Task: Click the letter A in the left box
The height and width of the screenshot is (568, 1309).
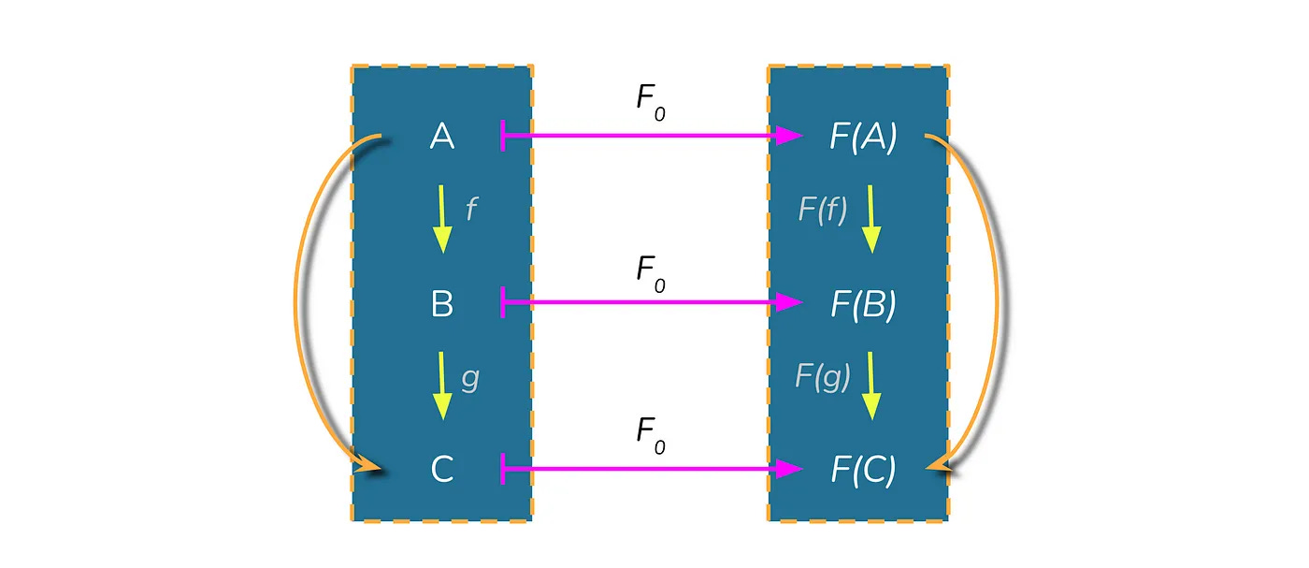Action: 441,137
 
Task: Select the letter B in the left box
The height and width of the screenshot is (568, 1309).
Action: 441,303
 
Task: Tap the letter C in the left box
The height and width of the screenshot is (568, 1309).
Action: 441,469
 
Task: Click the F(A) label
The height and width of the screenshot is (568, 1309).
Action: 863,137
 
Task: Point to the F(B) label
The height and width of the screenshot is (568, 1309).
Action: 863,304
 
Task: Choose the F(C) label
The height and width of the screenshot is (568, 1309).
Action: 863,470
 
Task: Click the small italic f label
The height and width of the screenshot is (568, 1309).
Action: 471,209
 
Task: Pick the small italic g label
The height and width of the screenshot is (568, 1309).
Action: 470,380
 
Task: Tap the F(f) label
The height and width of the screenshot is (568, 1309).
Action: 823,210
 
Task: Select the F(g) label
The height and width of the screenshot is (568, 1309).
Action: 823,376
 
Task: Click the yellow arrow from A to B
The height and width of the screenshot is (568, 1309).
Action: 442,219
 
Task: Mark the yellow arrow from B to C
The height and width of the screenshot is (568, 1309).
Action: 442,386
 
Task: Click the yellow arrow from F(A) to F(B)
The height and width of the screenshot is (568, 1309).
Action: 871,219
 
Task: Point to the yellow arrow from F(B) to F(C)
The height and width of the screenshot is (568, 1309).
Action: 871,386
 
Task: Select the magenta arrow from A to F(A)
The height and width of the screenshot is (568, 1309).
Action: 652,136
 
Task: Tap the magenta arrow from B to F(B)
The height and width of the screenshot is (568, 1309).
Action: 652,302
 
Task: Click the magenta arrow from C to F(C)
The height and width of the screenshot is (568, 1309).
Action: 652,469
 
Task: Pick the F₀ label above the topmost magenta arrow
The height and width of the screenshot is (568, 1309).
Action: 651,102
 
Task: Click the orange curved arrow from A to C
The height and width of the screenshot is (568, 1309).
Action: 296,301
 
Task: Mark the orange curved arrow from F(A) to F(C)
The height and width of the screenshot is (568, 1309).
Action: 999,301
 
